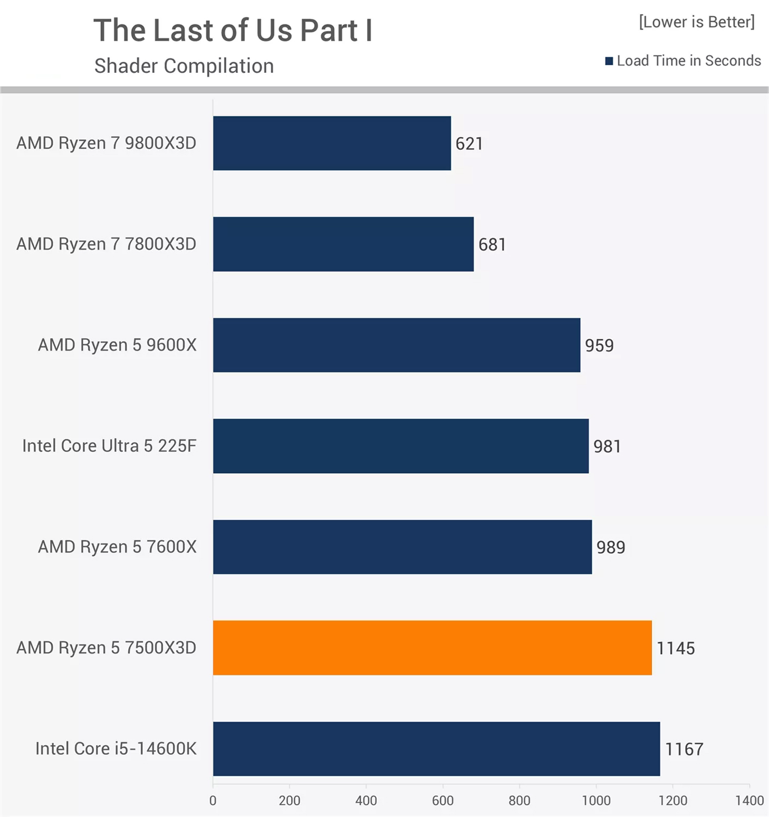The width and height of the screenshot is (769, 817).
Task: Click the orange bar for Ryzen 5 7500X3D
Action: pos(432,648)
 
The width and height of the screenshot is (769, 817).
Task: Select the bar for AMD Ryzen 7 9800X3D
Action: pos(332,143)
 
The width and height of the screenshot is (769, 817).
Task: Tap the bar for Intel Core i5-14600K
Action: pos(436,748)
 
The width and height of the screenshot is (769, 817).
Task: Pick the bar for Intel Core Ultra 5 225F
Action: pos(401,446)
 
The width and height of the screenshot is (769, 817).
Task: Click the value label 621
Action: pos(469,144)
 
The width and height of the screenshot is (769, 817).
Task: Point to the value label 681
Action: pos(492,244)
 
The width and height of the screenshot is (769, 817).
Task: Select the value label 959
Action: pos(599,346)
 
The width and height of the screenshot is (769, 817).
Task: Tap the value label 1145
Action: pos(675,648)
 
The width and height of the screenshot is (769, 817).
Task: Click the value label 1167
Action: pos(684,749)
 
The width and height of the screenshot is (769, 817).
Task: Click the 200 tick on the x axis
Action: pos(290,801)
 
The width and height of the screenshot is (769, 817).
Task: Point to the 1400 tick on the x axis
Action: pos(749,801)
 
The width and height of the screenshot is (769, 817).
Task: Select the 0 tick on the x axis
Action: pos(213,801)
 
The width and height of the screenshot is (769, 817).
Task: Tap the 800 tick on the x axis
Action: pos(519,801)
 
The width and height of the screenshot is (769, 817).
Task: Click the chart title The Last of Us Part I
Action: pos(233,30)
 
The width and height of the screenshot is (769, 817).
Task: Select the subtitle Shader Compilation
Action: pos(184,66)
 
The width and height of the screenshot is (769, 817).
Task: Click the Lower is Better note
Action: pos(696,22)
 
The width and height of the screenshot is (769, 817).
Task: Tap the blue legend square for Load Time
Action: pos(609,61)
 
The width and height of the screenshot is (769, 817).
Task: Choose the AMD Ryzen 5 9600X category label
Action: pos(117,345)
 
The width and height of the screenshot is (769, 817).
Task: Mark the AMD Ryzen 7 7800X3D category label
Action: pos(106,244)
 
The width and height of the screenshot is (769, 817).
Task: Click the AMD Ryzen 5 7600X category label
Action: pos(117,547)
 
